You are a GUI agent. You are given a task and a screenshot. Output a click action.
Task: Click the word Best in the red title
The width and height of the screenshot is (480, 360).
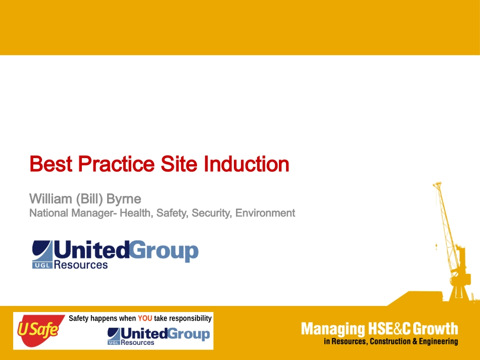pos(51,164)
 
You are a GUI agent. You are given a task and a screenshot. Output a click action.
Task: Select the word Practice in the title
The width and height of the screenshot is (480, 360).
pos(117,164)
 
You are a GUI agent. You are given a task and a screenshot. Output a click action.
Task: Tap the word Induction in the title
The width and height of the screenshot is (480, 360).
pos(247,164)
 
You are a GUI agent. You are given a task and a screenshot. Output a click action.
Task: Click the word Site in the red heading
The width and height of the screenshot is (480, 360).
pos(179,164)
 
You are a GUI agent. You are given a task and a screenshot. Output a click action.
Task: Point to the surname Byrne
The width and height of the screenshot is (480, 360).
pos(124,199)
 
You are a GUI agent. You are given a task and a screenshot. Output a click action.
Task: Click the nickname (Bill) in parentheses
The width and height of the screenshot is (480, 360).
pos(89,199)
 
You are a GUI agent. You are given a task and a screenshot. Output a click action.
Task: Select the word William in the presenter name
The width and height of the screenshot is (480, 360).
pos(51,199)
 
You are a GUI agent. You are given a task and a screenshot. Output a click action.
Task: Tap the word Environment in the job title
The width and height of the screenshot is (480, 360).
pos(265,213)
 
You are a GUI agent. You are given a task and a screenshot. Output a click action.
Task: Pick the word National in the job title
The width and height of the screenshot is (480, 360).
pos(49,213)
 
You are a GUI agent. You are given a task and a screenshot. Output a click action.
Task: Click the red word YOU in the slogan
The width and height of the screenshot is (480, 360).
pos(145,319)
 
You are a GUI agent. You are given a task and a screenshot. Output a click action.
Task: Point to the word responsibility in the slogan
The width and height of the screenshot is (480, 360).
pos(190,319)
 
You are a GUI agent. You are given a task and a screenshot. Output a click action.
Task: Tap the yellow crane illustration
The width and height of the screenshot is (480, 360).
pos(451,242)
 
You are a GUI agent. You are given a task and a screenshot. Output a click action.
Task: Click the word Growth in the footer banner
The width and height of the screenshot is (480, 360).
pos(436,329)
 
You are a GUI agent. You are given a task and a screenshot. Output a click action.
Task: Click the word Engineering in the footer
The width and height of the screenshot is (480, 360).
pos(439,342)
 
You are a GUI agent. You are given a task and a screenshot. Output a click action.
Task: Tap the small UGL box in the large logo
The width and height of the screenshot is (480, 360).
pos(42,265)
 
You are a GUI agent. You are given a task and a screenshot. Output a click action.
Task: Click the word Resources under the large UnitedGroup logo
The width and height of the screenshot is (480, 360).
pos(81,265)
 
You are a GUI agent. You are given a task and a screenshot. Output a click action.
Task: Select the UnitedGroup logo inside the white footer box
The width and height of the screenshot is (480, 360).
pos(159,336)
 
